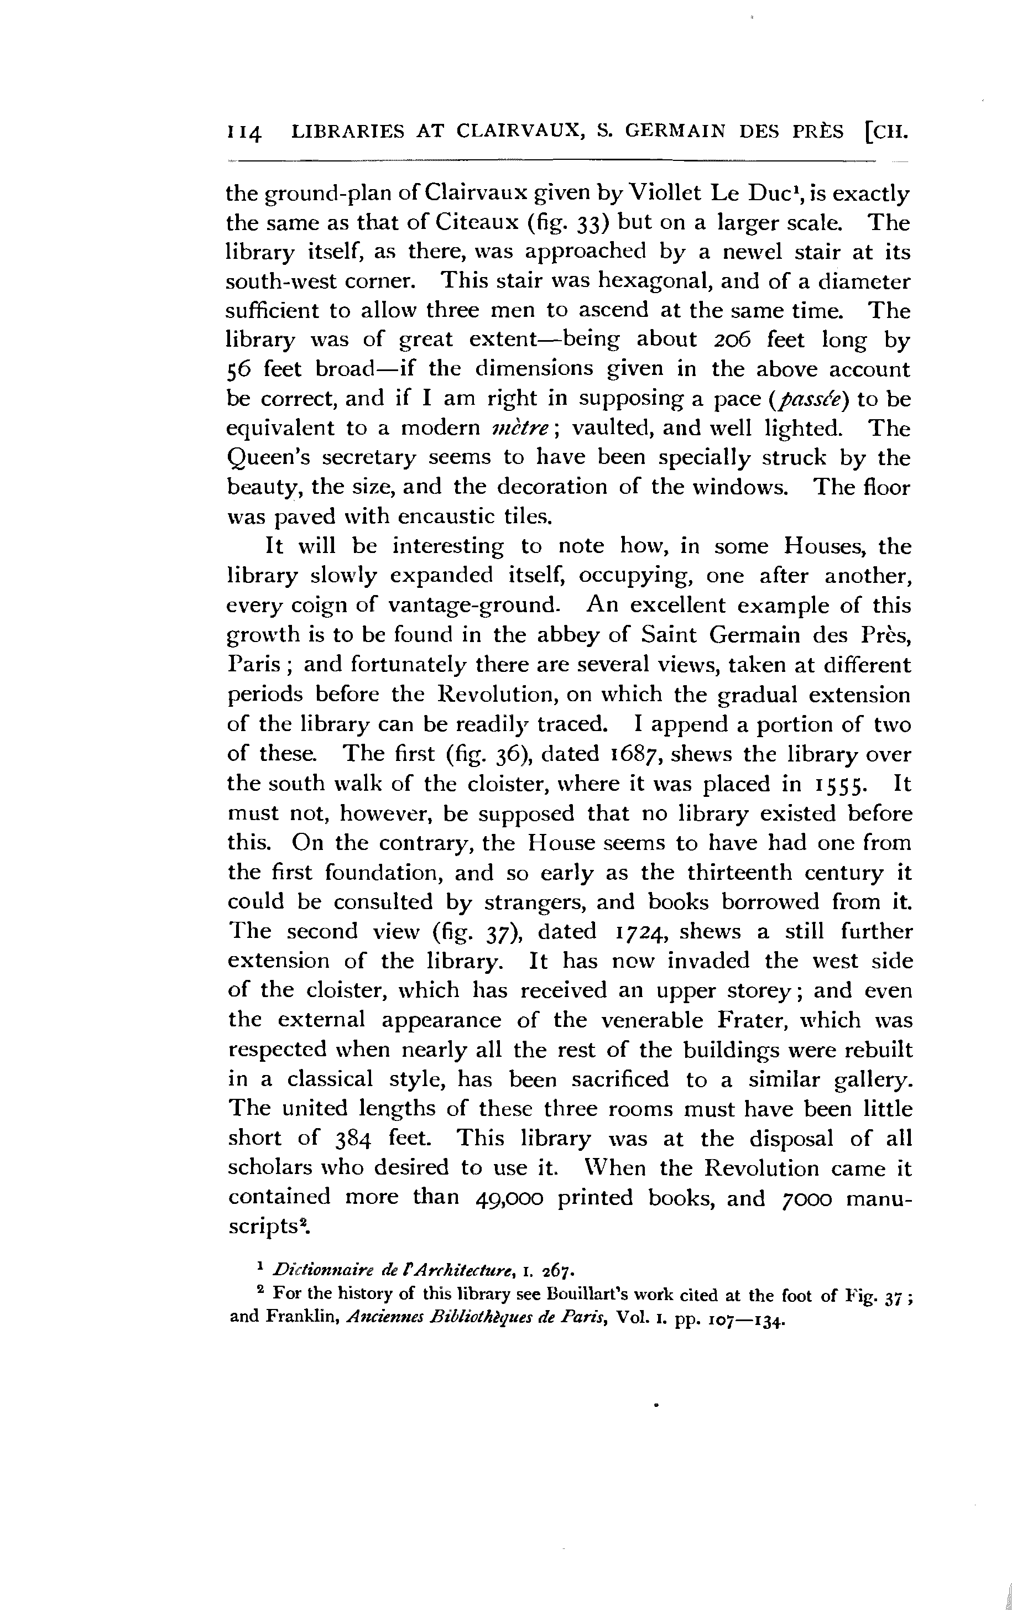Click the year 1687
click(639, 754)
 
